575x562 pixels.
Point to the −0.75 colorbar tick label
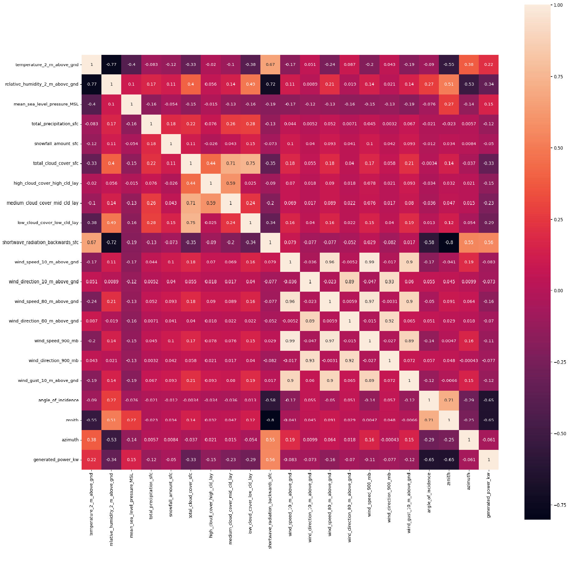point(560,505)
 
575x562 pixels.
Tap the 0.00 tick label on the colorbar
point(558,291)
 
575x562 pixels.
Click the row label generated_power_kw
point(56,460)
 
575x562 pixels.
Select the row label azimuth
point(70,440)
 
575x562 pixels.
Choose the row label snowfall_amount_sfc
point(56,144)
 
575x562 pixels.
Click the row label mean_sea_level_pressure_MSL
point(46,104)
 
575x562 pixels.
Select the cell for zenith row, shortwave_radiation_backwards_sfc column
point(270,420)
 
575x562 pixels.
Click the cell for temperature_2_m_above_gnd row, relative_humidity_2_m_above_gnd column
point(111,65)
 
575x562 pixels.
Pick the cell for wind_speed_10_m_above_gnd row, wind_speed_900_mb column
point(369,262)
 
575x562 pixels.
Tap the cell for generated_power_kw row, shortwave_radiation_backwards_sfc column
point(270,460)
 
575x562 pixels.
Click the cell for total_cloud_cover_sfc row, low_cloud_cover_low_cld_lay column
point(250,163)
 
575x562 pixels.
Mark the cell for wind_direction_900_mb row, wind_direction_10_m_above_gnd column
point(310,361)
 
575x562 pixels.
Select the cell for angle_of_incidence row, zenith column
point(449,400)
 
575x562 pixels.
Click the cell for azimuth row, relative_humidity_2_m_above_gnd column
point(111,440)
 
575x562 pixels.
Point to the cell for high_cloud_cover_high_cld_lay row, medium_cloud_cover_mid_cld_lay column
point(231,183)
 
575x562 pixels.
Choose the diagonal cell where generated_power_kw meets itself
point(489,460)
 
